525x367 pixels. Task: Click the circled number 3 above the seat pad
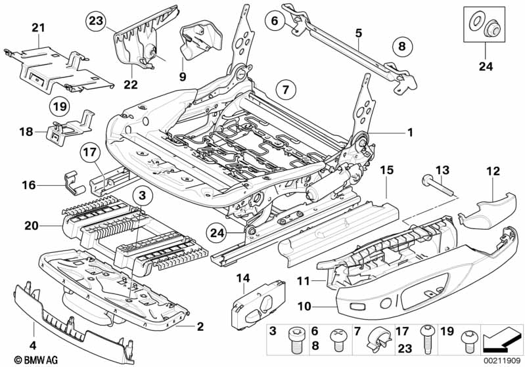tap(143, 195)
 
